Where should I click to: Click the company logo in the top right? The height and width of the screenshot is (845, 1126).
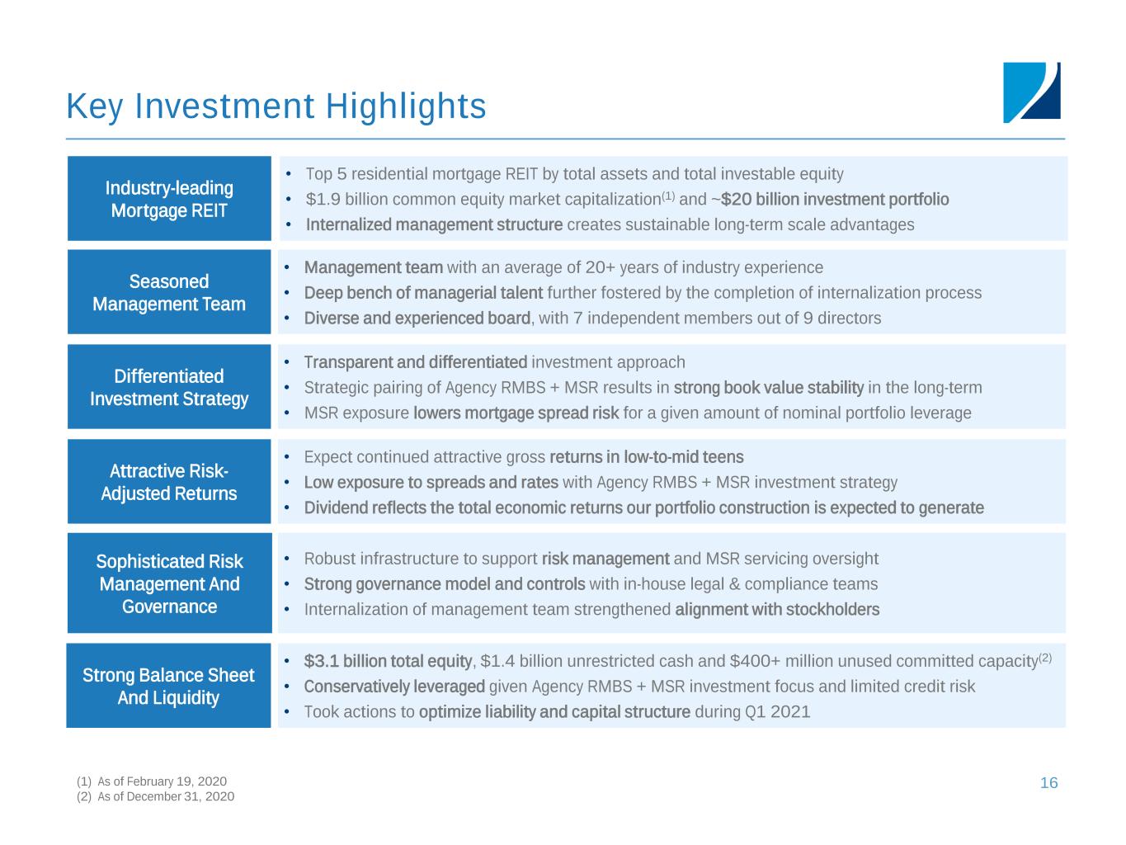tap(1031, 92)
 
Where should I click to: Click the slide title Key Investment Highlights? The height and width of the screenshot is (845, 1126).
tap(276, 106)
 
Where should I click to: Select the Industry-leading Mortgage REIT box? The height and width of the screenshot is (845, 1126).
tap(169, 199)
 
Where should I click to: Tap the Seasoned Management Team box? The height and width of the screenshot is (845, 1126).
tap(169, 292)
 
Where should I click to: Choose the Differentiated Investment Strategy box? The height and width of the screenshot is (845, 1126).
tap(169, 387)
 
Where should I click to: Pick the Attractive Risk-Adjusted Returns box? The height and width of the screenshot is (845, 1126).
tap(169, 482)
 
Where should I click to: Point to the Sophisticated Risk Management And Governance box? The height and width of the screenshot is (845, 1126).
tap(169, 583)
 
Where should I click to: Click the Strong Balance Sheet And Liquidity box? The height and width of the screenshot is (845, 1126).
tap(169, 686)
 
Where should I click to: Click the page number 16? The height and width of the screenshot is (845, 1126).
tap(1048, 783)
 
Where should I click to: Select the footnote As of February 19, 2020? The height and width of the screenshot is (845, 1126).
tap(161, 781)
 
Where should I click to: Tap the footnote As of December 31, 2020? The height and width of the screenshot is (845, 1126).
tap(165, 796)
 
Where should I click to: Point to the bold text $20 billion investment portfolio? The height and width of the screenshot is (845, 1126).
tap(835, 200)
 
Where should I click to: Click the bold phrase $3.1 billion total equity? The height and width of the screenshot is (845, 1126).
tap(388, 661)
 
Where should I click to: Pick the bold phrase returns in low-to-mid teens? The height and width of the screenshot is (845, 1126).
tap(646, 457)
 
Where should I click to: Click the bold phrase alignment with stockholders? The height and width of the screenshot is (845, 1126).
tap(777, 610)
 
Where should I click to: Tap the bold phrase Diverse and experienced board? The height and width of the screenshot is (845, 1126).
tap(417, 319)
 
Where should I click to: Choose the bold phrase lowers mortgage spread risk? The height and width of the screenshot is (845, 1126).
tap(516, 413)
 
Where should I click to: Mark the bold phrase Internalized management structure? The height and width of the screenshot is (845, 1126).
tap(434, 224)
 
